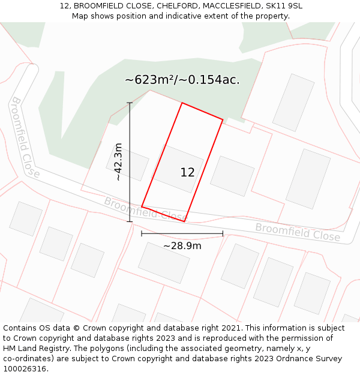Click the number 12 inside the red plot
[x=187, y=173]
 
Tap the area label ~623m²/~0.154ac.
[x=182, y=80]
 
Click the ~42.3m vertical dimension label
[x=118, y=161]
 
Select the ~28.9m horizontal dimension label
[x=182, y=245]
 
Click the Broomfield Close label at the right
[x=298, y=232]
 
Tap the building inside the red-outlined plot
[x=178, y=168]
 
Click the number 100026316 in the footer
[x=25, y=369]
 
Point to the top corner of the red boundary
[x=182, y=103]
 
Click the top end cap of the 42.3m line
[x=130, y=103]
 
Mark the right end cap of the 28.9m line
[x=223, y=233]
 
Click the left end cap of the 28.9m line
[x=142, y=233]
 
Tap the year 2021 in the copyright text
[x=230, y=328]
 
